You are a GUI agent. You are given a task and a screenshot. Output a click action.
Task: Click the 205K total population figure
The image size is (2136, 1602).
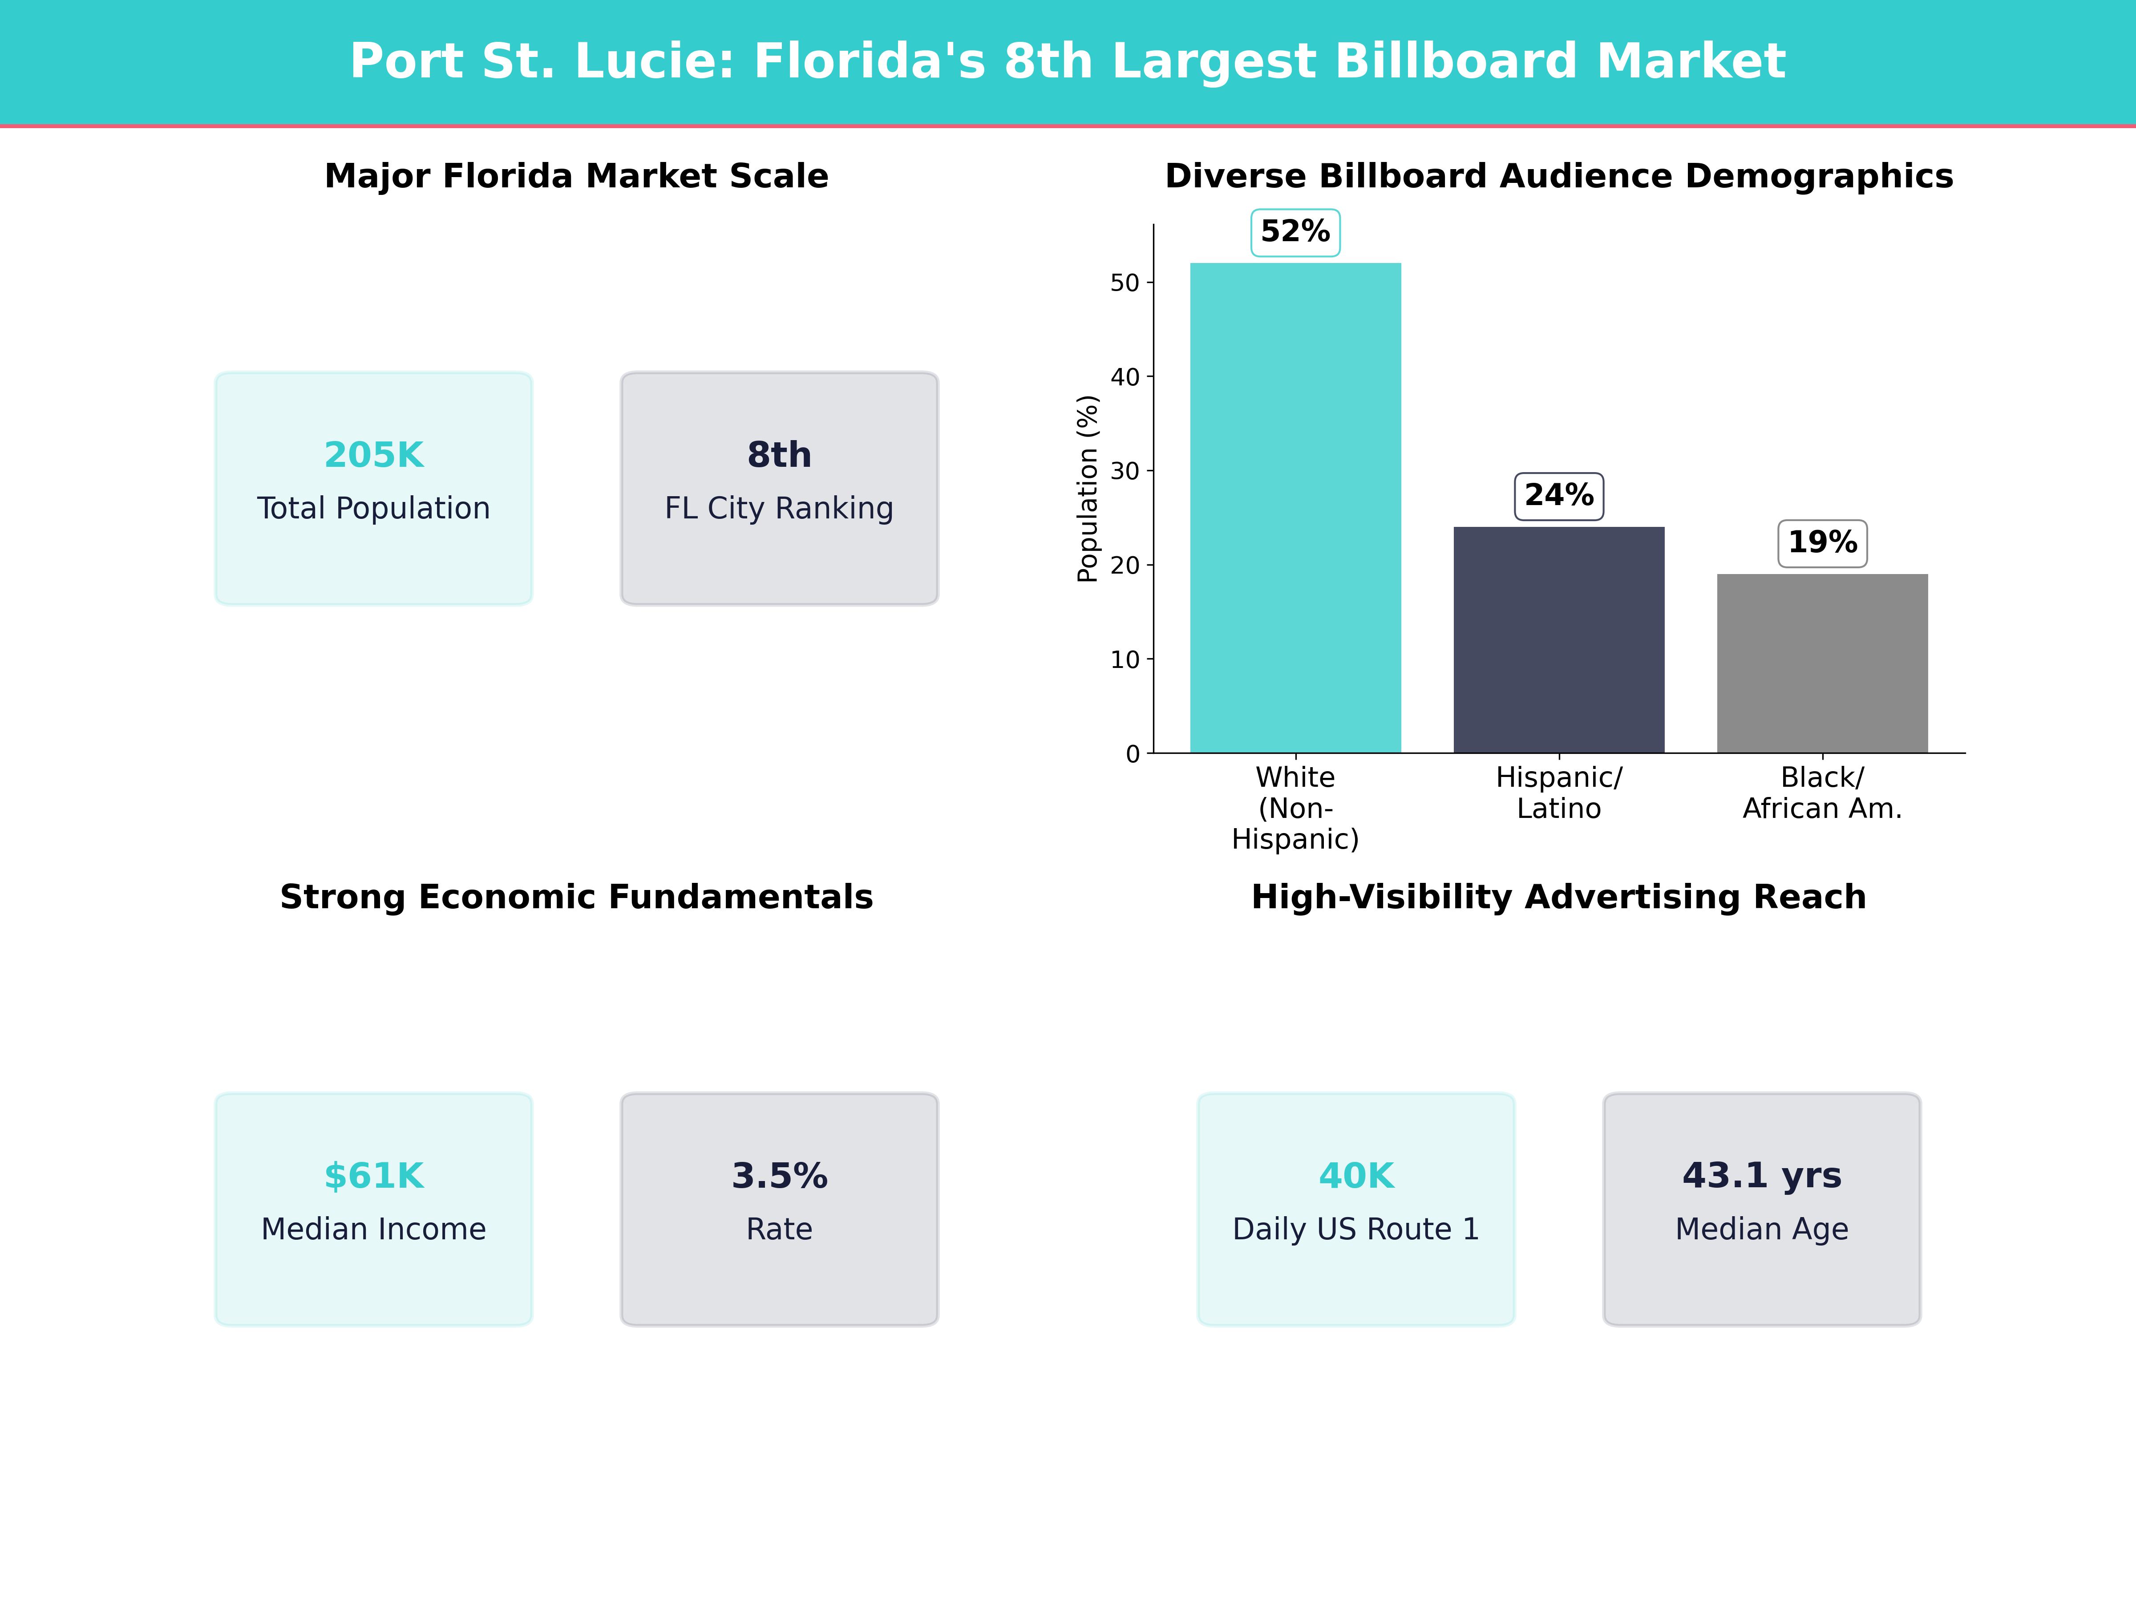point(374,455)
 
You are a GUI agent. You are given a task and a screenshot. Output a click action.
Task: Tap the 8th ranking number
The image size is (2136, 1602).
point(779,455)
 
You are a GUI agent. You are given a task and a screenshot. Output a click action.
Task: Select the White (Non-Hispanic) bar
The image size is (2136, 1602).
point(1295,507)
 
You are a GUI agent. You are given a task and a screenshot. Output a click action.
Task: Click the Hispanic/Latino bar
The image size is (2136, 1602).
point(1558,639)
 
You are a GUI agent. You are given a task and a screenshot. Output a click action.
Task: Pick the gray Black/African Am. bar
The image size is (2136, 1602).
point(1822,663)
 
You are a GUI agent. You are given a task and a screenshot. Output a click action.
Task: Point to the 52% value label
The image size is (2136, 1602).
point(1295,232)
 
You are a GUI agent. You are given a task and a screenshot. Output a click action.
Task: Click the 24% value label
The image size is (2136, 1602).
point(1558,495)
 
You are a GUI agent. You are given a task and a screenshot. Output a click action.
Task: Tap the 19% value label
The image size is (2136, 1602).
point(1822,543)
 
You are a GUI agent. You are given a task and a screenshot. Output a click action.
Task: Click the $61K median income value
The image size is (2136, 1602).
point(374,1176)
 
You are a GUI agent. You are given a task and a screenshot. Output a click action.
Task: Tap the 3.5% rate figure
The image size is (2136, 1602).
point(779,1176)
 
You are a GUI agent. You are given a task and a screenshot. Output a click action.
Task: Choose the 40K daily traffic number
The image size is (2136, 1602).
point(1356,1176)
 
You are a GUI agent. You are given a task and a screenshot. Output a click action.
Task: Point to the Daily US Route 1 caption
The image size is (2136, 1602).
point(1356,1229)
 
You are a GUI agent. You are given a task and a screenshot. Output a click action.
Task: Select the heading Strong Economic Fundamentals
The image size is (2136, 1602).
point(576,897)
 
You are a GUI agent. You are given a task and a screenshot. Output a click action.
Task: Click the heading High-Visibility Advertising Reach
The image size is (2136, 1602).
point(1558,897)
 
